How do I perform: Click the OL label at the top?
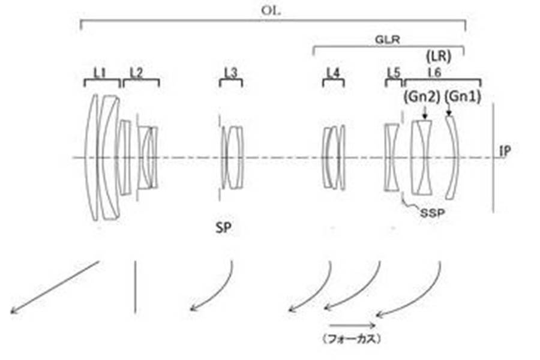click(271, 10)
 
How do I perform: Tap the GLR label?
click(388, 40)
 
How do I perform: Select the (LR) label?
click(439, 56)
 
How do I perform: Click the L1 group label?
click(100, 73)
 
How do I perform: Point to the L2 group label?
click(136, 73)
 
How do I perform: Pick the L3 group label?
click(231, 73)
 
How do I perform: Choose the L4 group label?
click(333, 73)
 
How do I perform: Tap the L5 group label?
click(394, 73)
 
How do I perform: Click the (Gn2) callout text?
click(422, 97)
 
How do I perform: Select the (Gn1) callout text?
click(463, 97)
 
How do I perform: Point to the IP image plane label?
click(505, 151)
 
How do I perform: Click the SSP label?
click(432, 213)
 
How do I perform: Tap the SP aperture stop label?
click(224, 228)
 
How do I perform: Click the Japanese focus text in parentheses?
click(352, 339)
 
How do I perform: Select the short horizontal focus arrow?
click(352, 325)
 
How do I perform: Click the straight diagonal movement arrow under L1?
click(55, 287)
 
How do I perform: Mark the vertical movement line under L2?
click(136, 287)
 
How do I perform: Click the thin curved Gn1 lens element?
click(452, 157)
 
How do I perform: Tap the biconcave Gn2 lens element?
click(424, 157)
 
